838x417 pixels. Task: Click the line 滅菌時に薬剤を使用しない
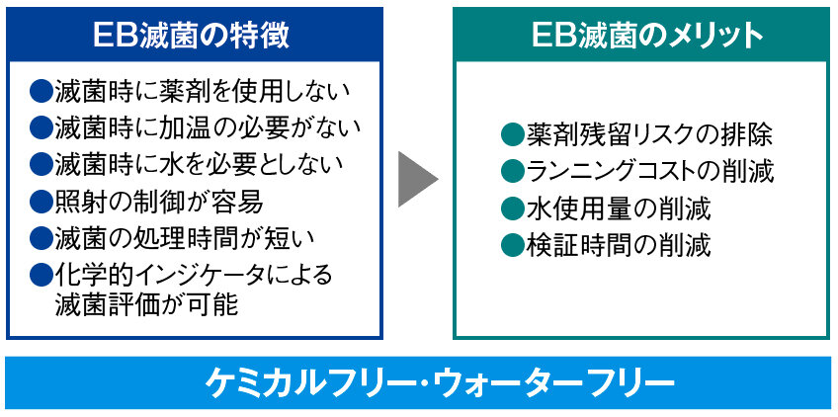tap(203, 91)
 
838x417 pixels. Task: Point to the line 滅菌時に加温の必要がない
tap(208, 127)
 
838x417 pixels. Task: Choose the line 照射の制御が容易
tap(158, 202)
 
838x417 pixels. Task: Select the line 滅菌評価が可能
tap(146, 305)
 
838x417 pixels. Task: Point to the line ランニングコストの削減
tap(649, 171)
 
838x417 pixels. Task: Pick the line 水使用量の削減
tap(618, 208)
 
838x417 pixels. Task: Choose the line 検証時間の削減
tap(618, 245)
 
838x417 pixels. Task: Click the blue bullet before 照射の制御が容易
tap(41, 202)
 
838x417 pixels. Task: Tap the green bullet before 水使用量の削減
tap(511, 208)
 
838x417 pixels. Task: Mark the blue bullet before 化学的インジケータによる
tap(41, 274)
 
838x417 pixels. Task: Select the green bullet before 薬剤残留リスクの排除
tap(511, 134)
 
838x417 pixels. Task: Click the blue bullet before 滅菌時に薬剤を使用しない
tap(41, 91)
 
